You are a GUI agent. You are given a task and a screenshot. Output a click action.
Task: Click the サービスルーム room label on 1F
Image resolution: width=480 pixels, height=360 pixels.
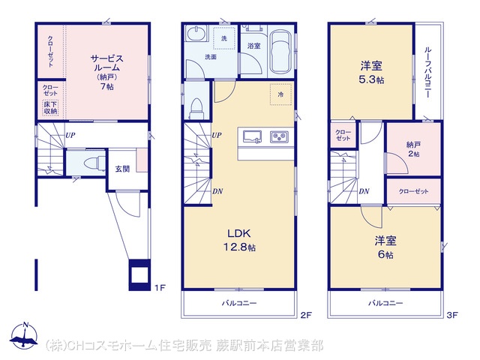click(106, 72)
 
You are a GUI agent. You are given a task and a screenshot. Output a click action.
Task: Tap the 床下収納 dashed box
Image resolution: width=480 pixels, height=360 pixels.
click(50, 108)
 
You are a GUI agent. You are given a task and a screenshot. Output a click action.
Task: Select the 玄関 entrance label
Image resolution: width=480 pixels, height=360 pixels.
click(122, 169)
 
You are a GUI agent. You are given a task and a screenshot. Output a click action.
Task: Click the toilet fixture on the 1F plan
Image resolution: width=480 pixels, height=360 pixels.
click(94, 163)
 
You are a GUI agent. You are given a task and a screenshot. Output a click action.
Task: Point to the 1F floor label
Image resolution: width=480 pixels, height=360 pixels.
click(160, 287)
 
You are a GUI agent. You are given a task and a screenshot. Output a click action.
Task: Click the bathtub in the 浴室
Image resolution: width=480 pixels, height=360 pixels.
click(280, 51)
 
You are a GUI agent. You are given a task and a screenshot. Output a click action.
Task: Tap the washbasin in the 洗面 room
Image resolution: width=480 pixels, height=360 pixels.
click(196, 34)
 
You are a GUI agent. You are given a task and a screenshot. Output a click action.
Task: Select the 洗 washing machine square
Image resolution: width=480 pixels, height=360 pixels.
click(224, 38)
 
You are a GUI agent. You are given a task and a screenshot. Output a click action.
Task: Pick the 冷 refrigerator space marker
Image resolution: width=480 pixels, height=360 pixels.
click(280, 94)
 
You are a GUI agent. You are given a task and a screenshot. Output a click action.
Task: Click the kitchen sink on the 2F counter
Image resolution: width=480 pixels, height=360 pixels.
click(252, 136)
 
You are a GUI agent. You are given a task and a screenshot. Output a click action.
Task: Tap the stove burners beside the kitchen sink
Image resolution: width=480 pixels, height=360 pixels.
click(279, 136)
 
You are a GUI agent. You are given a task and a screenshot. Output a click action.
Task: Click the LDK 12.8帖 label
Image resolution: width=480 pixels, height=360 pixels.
click(240, 240)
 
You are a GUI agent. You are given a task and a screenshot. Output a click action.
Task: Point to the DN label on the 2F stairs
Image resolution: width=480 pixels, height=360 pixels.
click(217, 191)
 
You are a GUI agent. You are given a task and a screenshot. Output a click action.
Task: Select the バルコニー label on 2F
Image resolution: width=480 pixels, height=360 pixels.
click(239, 303)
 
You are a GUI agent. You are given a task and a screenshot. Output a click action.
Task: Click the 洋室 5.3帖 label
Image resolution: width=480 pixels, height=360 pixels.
click(371, 73)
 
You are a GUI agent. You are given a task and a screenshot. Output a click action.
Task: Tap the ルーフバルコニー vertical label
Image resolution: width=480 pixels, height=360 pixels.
click(427, 73)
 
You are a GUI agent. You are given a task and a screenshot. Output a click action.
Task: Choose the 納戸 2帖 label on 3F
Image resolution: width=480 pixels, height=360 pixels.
click(413, 148)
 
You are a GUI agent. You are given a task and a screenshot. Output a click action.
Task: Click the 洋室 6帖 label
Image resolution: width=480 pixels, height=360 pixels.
click(385, 247)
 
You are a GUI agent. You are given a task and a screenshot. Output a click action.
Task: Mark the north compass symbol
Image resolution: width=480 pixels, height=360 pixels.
click(24, 334)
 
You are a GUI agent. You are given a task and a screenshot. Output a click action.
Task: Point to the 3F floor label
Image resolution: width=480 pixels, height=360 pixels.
click(451, 315)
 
